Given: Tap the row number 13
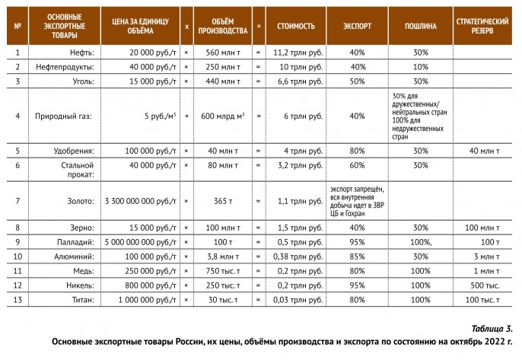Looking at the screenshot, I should pyautogui.click(x=18, y=300).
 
